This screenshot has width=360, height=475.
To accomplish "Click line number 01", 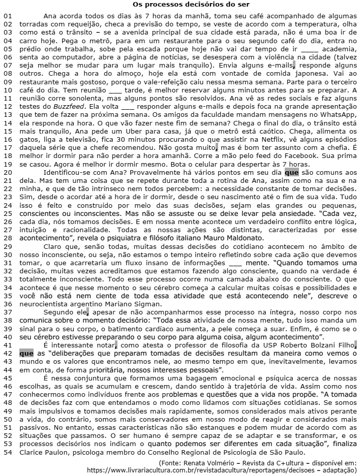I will coord(7,16).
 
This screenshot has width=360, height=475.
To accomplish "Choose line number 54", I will coord(7,438).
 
